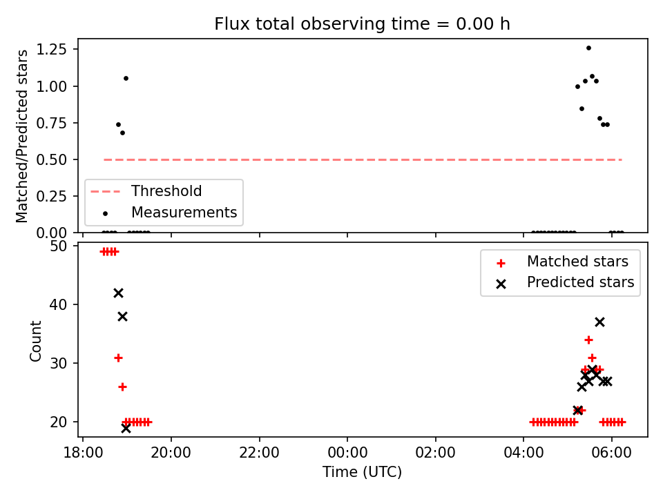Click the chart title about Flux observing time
click(362, 23)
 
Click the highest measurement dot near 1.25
click(588, 48)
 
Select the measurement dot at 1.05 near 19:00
click(126, 79)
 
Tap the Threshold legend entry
click(146, 191)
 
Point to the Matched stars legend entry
click(562, 262)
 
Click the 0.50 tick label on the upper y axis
click(52, 159)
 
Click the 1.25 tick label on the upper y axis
click(52, 50)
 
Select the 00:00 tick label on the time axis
click(347, 453)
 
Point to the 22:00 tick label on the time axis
click(259, 453)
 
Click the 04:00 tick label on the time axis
click(523, 453)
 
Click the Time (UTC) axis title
click(363, 471)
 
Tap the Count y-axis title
click(35, 340)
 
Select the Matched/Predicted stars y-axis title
click(21, 136)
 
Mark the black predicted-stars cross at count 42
click(118, 293)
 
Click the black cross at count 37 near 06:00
click(599, 322)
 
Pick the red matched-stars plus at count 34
click(588, 340)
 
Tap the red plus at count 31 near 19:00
click(118, 358)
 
